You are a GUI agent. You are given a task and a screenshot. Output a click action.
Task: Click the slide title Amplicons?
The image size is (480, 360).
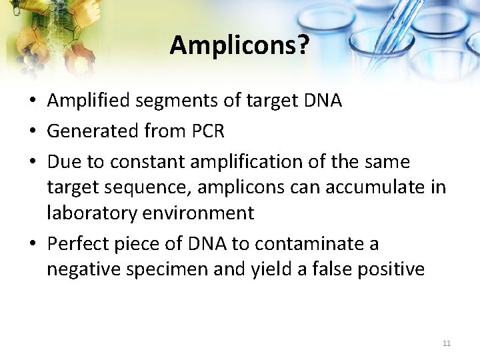tap(239, 45)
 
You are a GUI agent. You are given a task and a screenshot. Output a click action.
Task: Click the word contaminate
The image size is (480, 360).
tap(308, 244)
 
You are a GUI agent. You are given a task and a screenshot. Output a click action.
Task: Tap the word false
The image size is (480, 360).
tap(328, 269)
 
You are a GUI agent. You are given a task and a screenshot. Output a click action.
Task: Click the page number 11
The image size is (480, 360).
tap(447, 343)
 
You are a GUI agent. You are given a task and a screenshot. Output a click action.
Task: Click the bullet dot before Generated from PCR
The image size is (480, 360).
tap(32, 132)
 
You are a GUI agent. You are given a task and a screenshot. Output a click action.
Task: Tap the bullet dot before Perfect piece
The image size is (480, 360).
tap(32, 245)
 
